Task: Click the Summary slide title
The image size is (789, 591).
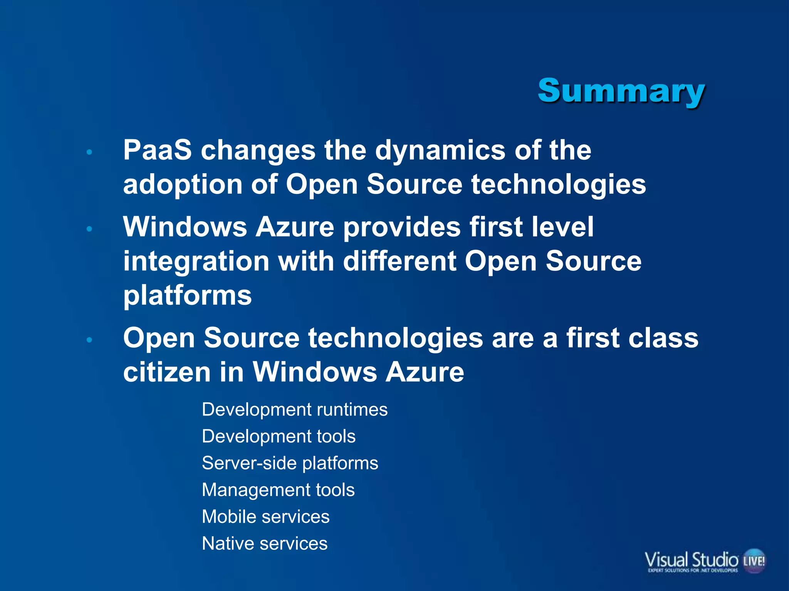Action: pos(621,91)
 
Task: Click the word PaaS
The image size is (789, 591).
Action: pos(157,150)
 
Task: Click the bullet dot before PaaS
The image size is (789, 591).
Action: pos(89,152)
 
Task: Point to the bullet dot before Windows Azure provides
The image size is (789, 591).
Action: pos(89,229)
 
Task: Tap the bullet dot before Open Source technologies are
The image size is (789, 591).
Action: pos(89,340)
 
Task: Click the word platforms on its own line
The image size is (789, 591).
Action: pos(187,295)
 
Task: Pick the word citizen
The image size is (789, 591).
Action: pos(167,372)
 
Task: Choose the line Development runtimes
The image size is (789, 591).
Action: pos(295,409)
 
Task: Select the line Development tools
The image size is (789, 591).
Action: pos(279,436)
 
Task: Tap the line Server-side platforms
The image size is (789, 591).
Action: pos(290,463)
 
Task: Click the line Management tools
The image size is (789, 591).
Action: pos(278,490)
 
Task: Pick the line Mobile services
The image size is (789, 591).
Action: pos(266,516)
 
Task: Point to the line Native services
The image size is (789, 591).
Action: pos(265,543)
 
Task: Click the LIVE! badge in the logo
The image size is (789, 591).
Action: pos(754,560)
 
